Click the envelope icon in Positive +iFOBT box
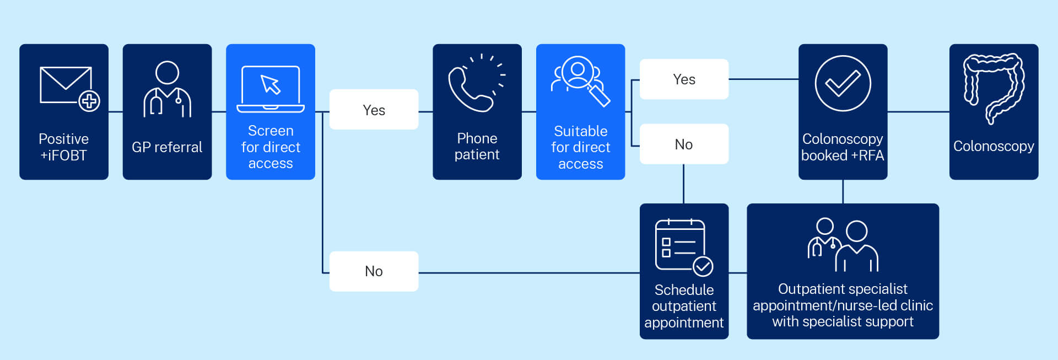[x=66, y=85]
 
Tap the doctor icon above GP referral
[x=167, y=89]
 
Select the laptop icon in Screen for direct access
[x=271, y=89]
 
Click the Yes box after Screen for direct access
[x=374, y=110]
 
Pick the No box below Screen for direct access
[x=374, y=271]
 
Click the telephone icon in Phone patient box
[x=471, y=88]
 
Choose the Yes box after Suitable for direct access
[x=684, y=79]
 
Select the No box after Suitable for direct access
[x=684, y=144]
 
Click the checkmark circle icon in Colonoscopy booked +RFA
[x=843, y=83]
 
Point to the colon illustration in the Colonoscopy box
[x=994, y=88]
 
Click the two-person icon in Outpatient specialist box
[x=843, y=245]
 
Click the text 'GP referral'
[x=167, y=147]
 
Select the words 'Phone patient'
[x=477, y=147]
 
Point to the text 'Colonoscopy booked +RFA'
[x=843, y=147]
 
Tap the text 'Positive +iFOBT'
[x=63, y=147]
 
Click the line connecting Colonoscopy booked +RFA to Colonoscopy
[x=918, y=112]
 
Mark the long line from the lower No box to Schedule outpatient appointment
[x=529, y=273]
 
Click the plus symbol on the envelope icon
[x=89, y=101]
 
